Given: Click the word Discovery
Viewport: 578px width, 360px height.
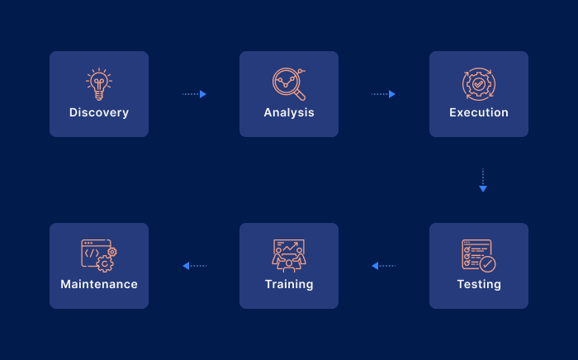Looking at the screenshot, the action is click(99, 112).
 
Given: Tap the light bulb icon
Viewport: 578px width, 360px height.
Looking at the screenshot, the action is click(99, 84).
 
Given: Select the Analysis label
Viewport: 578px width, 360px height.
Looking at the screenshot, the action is click(289, 113).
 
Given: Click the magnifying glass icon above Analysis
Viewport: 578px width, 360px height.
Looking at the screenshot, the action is click(289, 84).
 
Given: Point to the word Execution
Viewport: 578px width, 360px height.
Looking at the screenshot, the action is click(479, 112).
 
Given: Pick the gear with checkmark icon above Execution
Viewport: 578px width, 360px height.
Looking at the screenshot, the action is click(479, 84).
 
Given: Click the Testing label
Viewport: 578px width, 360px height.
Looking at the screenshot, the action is click(479, 285).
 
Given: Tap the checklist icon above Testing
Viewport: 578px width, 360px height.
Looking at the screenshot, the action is click(479, 256).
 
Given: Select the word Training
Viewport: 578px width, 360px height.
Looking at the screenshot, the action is click(289, 285).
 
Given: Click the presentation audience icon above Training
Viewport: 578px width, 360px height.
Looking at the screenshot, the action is click(289, 256).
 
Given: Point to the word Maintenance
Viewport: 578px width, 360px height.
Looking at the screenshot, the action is click(99, 284).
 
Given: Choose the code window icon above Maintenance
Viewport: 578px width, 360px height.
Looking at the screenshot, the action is click(99, 256).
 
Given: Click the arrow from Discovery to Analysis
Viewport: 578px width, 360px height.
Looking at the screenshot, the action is click(194, 94).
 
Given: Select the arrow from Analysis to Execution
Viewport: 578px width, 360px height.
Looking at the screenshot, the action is click(383, 94).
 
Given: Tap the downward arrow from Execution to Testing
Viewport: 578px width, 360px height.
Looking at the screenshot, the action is click(483, 181).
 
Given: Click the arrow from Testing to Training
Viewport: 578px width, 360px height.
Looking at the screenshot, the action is click(384, 266).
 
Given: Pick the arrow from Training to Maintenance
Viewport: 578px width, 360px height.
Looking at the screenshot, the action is click(195, 266).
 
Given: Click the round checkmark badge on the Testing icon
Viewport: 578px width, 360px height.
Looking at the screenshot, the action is click(488, 264).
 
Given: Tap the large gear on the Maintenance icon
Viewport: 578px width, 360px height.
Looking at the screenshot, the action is click(105, 264).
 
